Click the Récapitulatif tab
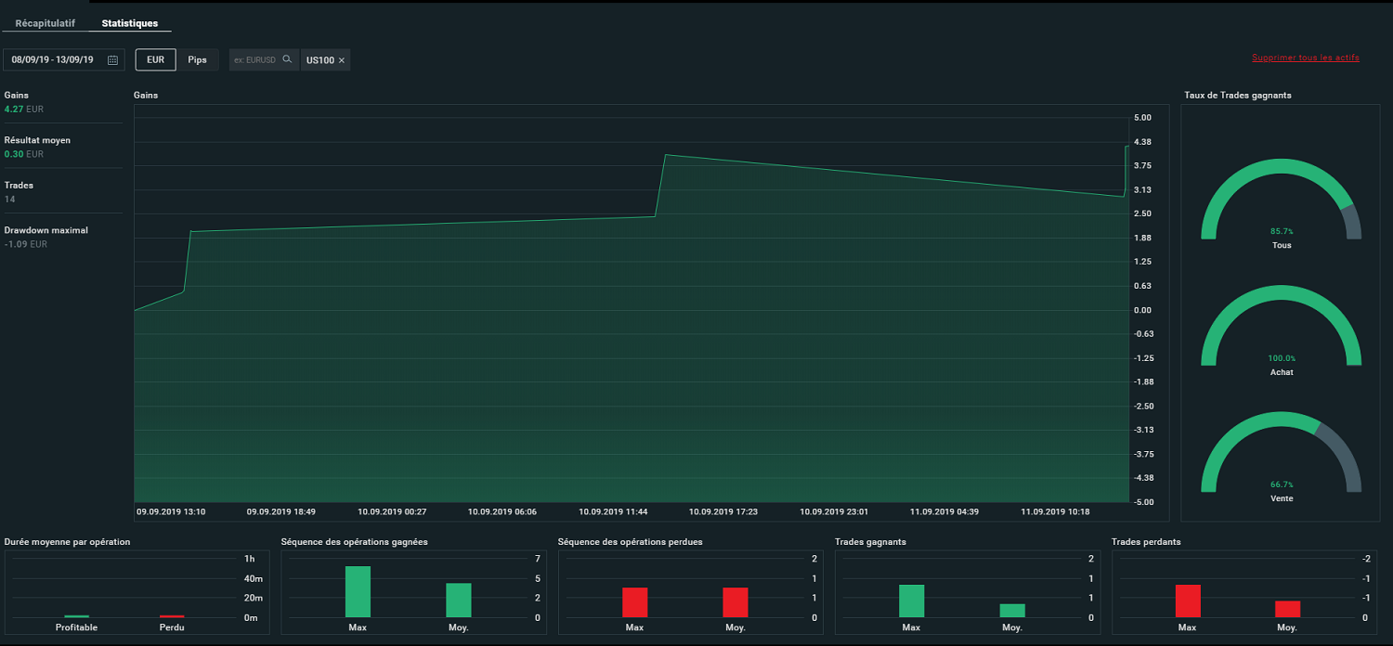click(x=46, y=23)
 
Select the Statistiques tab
click(x=130, y=23)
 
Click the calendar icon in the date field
click(x=112, y=60)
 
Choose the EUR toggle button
click(x=155, y=59)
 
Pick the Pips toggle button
click(x=197, y=59)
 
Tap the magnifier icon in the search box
click(x=287, y=59)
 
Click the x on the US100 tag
click(x=342, y=60)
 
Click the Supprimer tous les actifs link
click(x=1305, y=58)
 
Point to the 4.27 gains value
click(x=14, y=109)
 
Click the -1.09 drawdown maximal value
click(x=16, y=244)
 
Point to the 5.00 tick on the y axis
click(x=1142, y=118)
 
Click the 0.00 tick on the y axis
click(x=1142, y=310)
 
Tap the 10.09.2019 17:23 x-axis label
click(x=719, y=511)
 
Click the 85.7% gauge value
click(x=1282, y=231)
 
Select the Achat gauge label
click(x=1282, y=372)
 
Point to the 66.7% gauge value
click(x=1282, y=484)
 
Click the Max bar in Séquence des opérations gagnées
click(x=358, y=592)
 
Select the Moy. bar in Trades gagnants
click(x=1012, y=611)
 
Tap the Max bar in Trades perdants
click(x=1188, y=601)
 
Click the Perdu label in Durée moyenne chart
click(x=172, y=627)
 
